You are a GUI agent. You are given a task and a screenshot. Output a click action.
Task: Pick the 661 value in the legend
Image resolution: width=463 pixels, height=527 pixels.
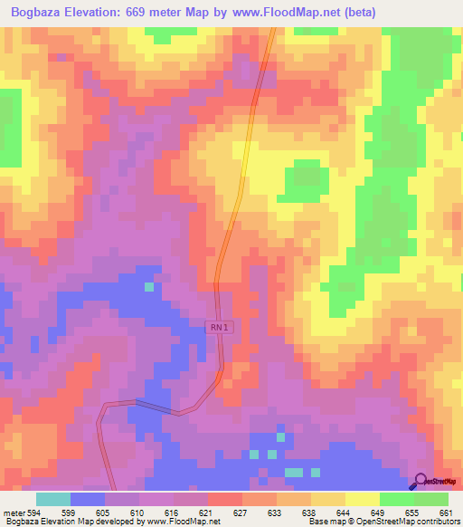coord(446,512)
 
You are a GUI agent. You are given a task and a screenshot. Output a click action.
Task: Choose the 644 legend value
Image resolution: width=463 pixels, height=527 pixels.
coord(343,512)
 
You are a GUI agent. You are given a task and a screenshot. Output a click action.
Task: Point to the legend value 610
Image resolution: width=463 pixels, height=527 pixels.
coord(137,512)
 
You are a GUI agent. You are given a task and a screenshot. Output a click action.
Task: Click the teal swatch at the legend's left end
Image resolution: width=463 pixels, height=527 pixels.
coord(52,499)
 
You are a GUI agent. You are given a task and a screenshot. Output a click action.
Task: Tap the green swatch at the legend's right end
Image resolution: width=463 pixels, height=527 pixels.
coord(431,499)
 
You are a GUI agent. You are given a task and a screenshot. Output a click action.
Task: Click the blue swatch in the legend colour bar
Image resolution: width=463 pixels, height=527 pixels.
coord(87,499)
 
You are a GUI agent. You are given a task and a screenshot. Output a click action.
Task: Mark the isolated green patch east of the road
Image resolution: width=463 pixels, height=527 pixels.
coord(304,183)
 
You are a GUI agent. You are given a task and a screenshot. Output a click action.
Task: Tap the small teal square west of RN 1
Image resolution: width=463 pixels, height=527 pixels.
coord(149,287)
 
